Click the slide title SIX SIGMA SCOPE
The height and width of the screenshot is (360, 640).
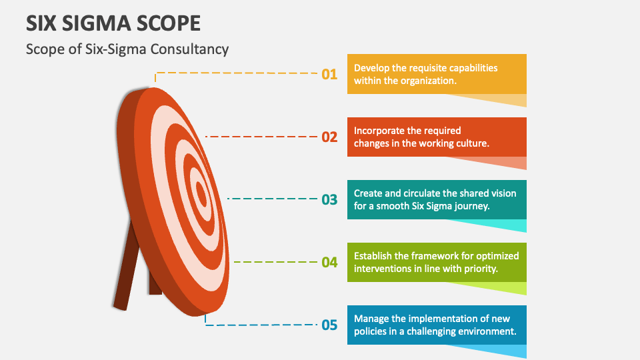point(113,23)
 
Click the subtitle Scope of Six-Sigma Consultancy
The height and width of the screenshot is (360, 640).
point(127,49)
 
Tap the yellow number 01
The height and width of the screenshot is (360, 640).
point(329,74)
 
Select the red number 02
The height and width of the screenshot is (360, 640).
point(329,137)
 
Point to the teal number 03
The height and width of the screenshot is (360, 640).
point(329,199)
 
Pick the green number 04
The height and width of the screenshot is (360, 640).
point(329,262)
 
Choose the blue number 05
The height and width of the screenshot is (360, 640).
point(329,325)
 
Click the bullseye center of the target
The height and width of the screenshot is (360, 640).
point(201,193)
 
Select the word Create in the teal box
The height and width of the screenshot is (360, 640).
point(368,193)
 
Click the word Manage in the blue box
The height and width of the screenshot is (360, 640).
point(371,319)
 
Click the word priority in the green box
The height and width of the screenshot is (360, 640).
point(481,269)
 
